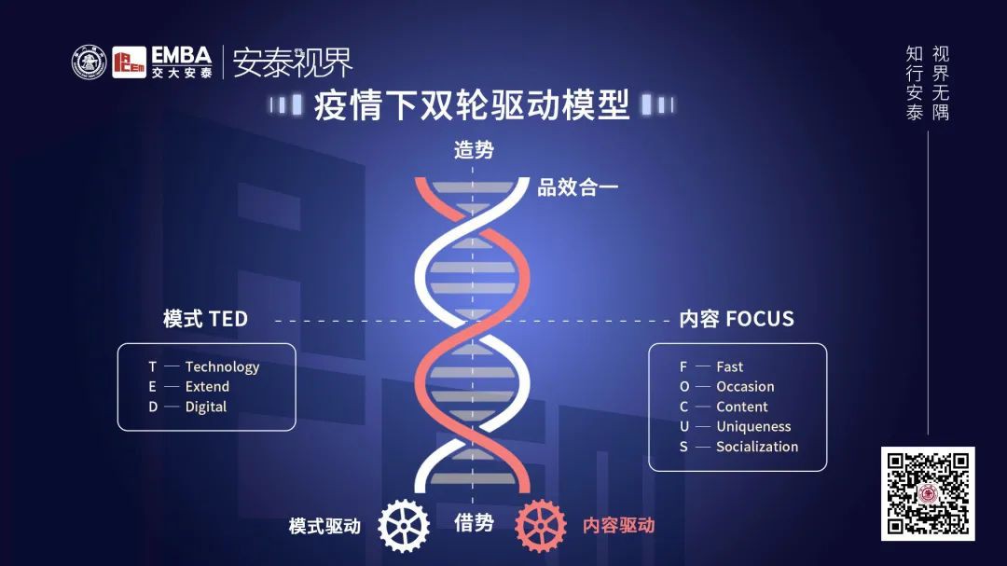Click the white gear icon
pyautogui.click(x=404, y=526)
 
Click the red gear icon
pyautogui.click(x=541, y=526)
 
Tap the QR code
pyautogui.click(x=928, y=493)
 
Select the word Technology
pyautogui.click(x=222, y=366)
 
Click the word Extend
pyautogui.click(x=207, y=386)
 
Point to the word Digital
pyautogui.click(x=206, y=407)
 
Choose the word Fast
pyautogui.click(x=729, y=366)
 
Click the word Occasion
pyautogui.click(x=745, y=386)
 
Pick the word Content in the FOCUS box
pyautogui.click(x=742, y=407)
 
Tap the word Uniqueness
pyautogui.click(x=753, y=426)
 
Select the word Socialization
pyautogui.click(x=757, y=447)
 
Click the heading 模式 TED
pyautogui.click(x=205, y=319)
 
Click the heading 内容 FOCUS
pyautogui.click(x=737, y=319)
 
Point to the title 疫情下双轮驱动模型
pyautogui.click(x=472, y=104)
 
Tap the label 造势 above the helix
pyautogui.click(x=474, y=149)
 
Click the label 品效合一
pyautogui.click(x=578, y=187)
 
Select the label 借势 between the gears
pyautogui.click(x=474, y=523)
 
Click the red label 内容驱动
pyautogui.click(x=619, y=525)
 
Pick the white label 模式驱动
pyautogui.click(x=324, y=526)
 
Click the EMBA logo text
pyautogui.click(x=182, y=56)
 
